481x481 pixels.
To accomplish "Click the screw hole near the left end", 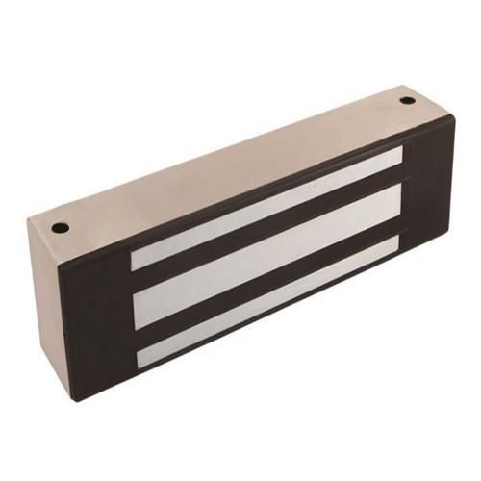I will click(x=60, y=228).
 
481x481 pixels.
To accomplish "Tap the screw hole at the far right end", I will click(x=407, y=100).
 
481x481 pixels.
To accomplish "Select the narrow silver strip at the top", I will click(x=265, y=208).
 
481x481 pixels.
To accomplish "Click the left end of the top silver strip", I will click(x=134, y=258).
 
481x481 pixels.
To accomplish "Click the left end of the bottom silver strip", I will click(x=140, y=358).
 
